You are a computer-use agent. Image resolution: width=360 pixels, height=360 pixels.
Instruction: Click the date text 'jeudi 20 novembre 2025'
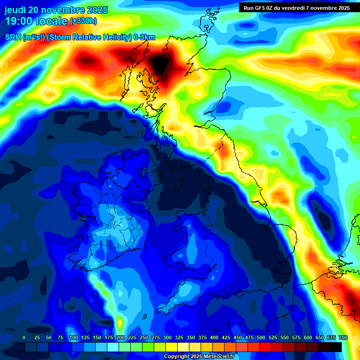point(56,10)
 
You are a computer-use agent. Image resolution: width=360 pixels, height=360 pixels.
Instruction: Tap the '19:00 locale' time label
point(37,21)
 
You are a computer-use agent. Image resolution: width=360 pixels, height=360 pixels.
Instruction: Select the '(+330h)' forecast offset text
point(83,21)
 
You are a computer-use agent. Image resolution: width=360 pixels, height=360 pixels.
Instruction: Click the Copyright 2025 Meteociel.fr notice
point(200,357)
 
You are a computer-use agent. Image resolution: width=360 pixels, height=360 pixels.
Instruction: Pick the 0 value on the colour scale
point(24,337)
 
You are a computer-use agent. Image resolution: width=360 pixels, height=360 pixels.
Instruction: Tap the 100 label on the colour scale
point(74,337)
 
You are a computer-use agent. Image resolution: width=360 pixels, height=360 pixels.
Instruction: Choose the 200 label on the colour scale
point(120,337)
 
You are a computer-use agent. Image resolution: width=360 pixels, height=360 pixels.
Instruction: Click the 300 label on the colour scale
point(167,337)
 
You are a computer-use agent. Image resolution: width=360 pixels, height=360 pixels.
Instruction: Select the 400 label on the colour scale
point(214,337)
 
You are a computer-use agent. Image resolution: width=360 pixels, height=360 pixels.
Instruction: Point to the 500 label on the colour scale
point(261,337)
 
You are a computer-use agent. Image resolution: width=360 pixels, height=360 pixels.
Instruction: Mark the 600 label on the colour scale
point(308,337)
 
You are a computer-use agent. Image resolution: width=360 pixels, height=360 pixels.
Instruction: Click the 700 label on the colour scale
point(343,337)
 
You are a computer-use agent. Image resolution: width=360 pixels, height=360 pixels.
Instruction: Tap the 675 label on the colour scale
point(331,337)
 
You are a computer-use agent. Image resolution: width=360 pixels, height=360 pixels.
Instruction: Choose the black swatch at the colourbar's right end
point(336,347)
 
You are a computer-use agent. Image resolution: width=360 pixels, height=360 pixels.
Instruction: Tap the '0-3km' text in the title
point(144,37)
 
